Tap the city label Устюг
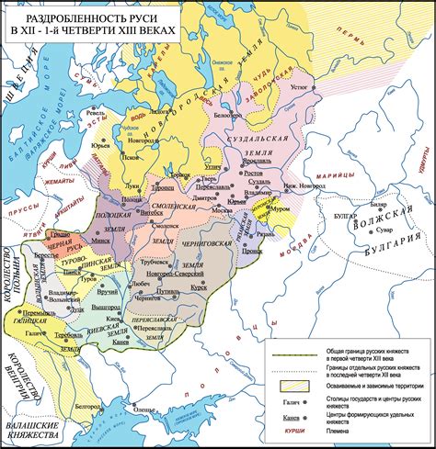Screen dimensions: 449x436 (301, 88)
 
